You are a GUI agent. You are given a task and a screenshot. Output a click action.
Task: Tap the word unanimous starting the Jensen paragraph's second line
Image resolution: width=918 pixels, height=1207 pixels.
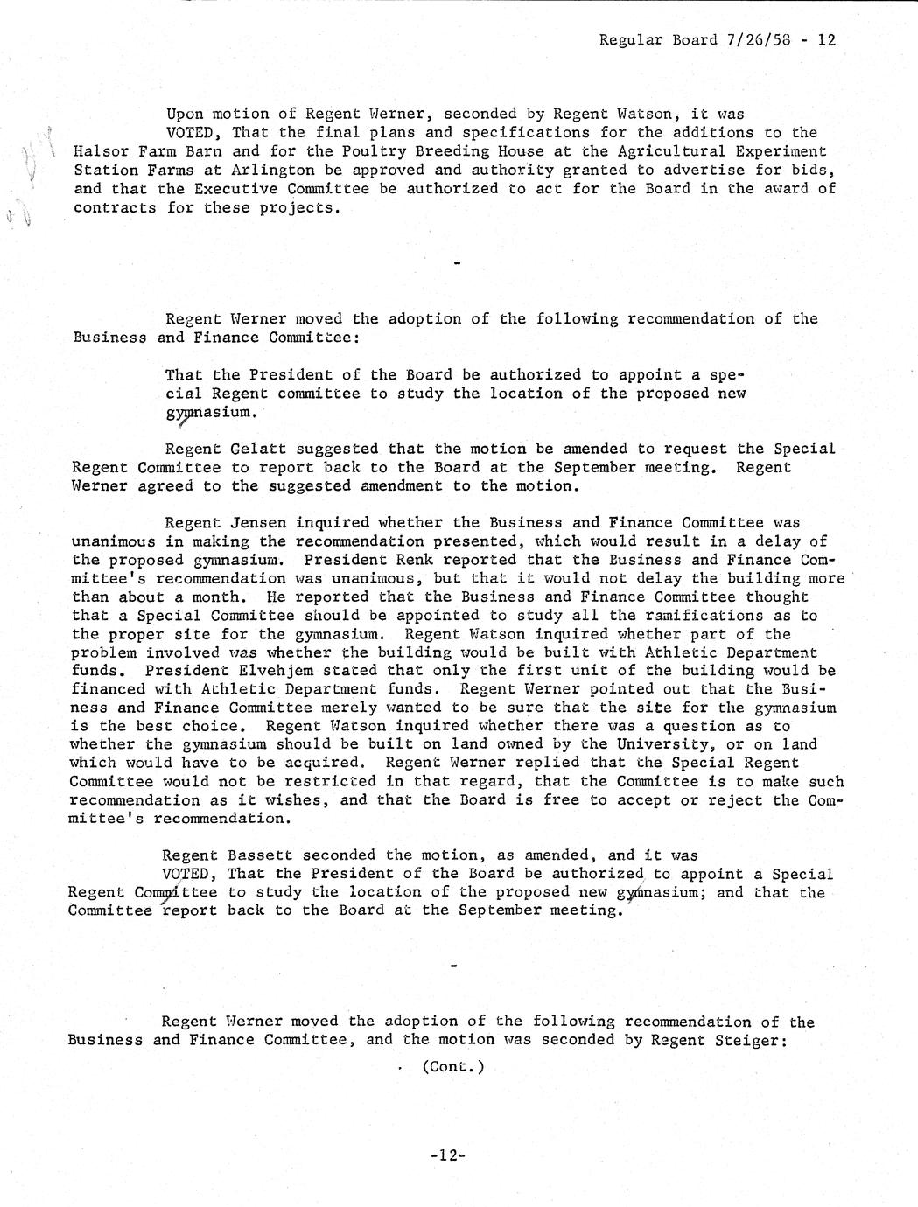[x=114, y=541]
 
